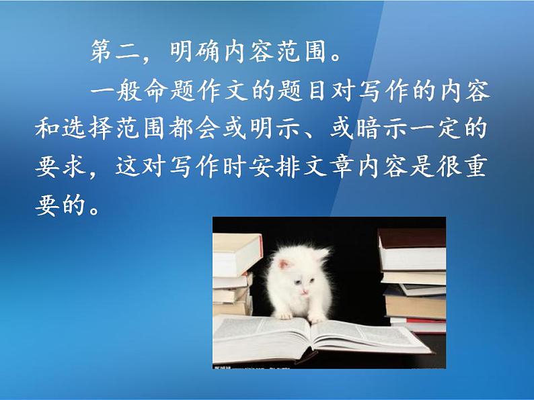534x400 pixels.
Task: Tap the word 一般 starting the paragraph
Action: (x=116, y=91)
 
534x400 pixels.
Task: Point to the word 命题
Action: (x=169, y=91)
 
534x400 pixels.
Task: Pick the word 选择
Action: (x=87, y=129)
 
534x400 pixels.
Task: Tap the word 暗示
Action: (x=383, y=129)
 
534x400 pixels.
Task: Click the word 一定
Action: (x=436, y=129)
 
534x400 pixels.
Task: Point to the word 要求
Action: (x=60, y=167)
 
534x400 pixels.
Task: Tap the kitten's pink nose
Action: (x=304, y=291)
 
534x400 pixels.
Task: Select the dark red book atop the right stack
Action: (x=412, y=238)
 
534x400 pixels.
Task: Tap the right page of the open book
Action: (x=368, y=335)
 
